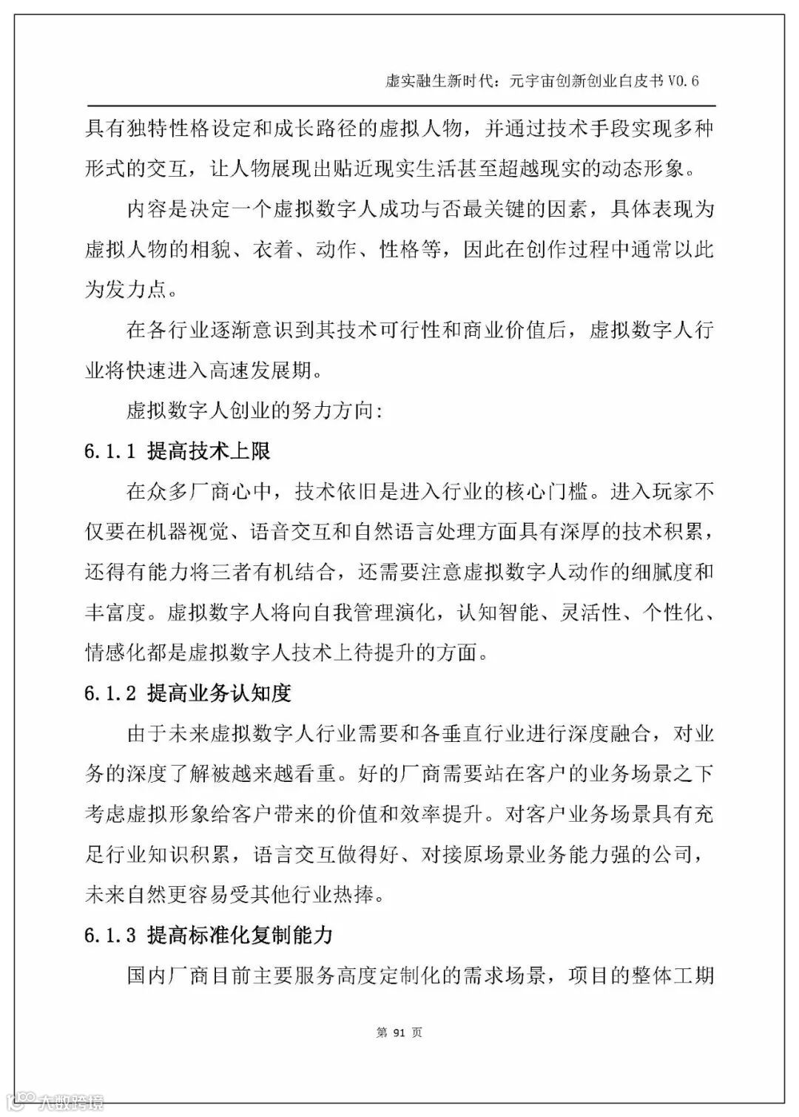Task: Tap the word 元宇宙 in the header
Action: click(530, 81)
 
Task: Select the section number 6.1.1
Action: click(109, 451)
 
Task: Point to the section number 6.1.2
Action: click(109, 693)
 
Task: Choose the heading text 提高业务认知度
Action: click(219, 693)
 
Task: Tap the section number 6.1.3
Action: click(109, 935)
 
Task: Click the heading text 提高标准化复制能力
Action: click(240, 935)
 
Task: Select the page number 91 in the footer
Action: click(399, 1033)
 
